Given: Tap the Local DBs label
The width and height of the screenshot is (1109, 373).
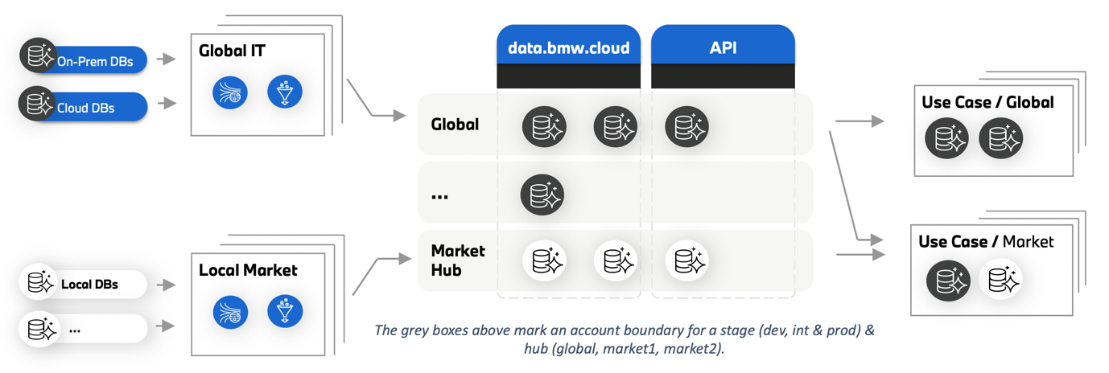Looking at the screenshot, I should click(89, 284).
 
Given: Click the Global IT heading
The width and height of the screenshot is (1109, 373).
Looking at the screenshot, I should click(232, 51).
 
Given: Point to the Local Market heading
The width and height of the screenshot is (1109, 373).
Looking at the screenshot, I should click(248, 270).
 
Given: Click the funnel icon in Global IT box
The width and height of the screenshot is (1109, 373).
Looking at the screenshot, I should click(285, 92).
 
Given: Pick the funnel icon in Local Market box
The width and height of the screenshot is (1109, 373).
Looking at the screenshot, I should click(285, 312).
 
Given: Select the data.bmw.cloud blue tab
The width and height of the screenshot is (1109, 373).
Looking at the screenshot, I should click(568, 47).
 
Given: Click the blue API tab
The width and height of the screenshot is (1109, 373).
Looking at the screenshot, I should click(722, 47).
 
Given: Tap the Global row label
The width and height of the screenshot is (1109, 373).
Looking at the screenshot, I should click(455, 125).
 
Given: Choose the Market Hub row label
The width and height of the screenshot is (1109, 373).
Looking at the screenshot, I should click(458, 260).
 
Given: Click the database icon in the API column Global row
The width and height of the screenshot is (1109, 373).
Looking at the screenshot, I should click(686, 127).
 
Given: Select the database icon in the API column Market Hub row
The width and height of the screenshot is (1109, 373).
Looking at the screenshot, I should click(686, 260).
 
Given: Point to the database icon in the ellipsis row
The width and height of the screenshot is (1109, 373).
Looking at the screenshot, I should click(542, 195).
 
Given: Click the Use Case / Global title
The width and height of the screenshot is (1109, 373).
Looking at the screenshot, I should click(987, 102).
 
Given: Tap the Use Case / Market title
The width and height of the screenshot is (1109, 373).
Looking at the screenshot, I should click(986, 241).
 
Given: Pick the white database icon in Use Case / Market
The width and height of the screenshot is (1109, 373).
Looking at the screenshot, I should click(1002, 281).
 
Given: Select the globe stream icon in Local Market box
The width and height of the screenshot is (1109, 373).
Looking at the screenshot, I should click(230, 312).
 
